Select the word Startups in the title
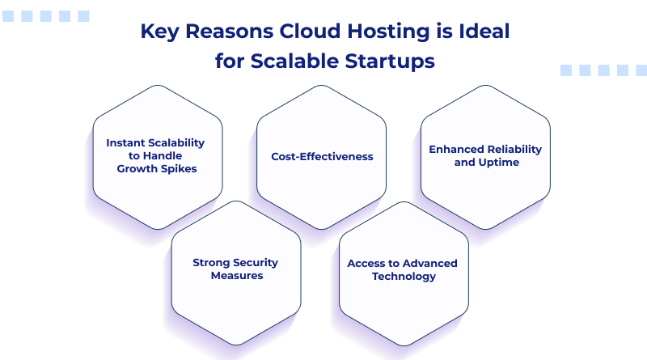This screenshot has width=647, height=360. (392, 60)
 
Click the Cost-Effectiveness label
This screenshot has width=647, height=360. (322, 156)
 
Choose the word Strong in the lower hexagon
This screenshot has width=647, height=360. (212, 262)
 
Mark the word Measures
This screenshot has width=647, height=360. (236, 275)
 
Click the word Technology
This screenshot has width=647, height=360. (403, 276)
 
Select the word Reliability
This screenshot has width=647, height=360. (514, 149)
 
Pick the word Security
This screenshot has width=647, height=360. (256, 262)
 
